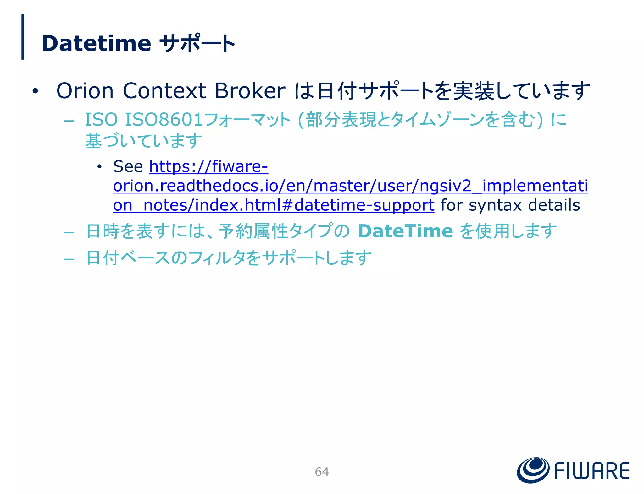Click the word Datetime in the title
click(x=96, y=43)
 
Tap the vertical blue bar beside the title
click(x=23, y=37)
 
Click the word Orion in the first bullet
click(x=85, y=91)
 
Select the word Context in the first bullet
click(x=164, y=91)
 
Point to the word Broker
click(x=250, y=91)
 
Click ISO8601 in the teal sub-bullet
click(x=164, y=120)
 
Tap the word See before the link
click(x=128, y=166)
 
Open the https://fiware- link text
click(x=208, y=166)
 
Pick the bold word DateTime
click(x=405, y=231)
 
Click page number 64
click(x=322, y=472)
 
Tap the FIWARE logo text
click(x=591, y=471)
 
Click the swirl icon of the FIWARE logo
click(x=533, y=470)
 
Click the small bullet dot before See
click(x=99, y=167)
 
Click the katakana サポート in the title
click(x=197, y=43)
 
